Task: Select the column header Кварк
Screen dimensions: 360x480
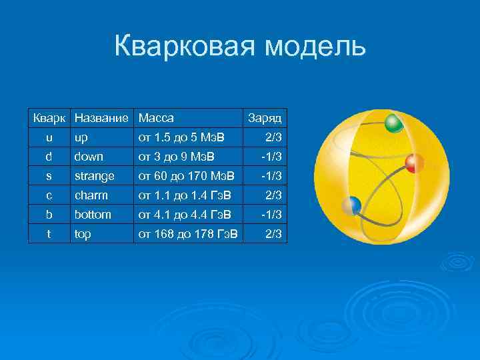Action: point(49,118)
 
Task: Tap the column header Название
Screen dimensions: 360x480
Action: point(101,118)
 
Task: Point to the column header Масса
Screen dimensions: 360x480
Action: point(156,118)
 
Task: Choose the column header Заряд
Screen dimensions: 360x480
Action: point(265,118)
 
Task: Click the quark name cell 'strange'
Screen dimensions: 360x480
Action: point(95,176)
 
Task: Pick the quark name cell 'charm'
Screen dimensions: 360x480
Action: point(91,195)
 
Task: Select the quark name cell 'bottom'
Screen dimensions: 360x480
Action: point(93,215)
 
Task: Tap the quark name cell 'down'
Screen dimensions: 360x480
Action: point(89,157)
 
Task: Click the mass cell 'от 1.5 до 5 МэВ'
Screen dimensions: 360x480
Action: point(181,137)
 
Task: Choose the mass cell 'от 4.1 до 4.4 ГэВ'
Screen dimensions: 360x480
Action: point(185,215)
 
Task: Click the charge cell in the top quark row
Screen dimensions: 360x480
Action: point(273,234)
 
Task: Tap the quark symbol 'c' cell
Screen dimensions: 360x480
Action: point(49,195)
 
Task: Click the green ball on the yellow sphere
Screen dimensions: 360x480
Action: point(394,123)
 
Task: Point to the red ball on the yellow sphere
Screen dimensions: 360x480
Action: point(414,163)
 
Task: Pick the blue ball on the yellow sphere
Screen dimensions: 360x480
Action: point(351,206)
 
